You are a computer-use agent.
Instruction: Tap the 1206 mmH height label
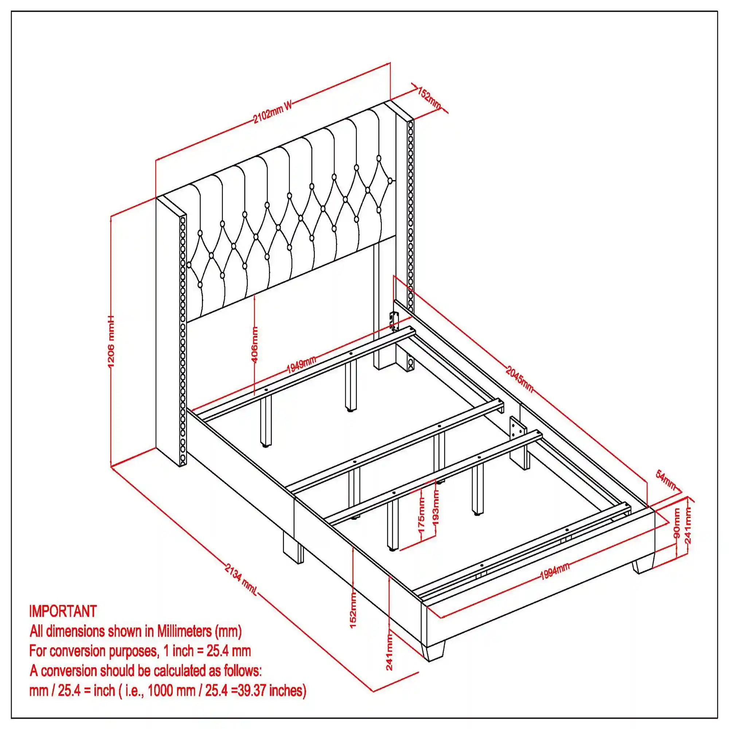click(111, 342)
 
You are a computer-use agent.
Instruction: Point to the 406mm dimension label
click(255, 344)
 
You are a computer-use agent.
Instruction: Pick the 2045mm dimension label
click(519, 378)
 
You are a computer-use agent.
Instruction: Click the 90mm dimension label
click(676, 523)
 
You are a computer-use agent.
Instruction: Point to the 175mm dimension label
click(422, 515)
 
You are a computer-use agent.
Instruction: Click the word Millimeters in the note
click(184, 631)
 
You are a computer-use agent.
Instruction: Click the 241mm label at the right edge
click(688, 525)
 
